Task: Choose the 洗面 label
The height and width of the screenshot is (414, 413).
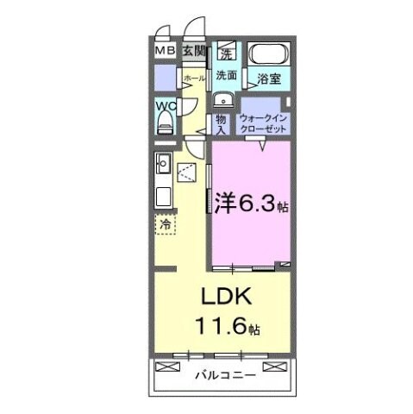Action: coord(227,74)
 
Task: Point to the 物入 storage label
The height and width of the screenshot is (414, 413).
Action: coord(221,121)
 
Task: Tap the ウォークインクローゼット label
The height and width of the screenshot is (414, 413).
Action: coord(264,121)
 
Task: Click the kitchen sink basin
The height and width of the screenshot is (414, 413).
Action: coord(163,160)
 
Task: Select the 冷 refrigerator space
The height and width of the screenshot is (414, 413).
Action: coord(166,223)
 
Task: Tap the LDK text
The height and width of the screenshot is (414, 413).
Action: coord(226,298)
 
